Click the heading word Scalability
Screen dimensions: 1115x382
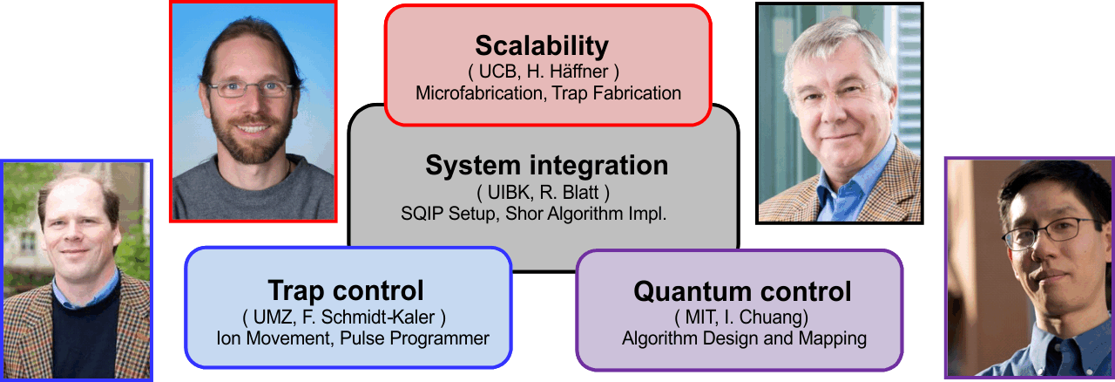542,46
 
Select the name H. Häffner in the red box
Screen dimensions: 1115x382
567,72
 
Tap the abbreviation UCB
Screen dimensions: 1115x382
497,72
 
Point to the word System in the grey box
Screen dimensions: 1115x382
473,166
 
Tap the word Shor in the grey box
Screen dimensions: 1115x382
524,214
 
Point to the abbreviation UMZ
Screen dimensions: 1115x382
274,317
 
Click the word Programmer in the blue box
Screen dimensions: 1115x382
440,338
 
